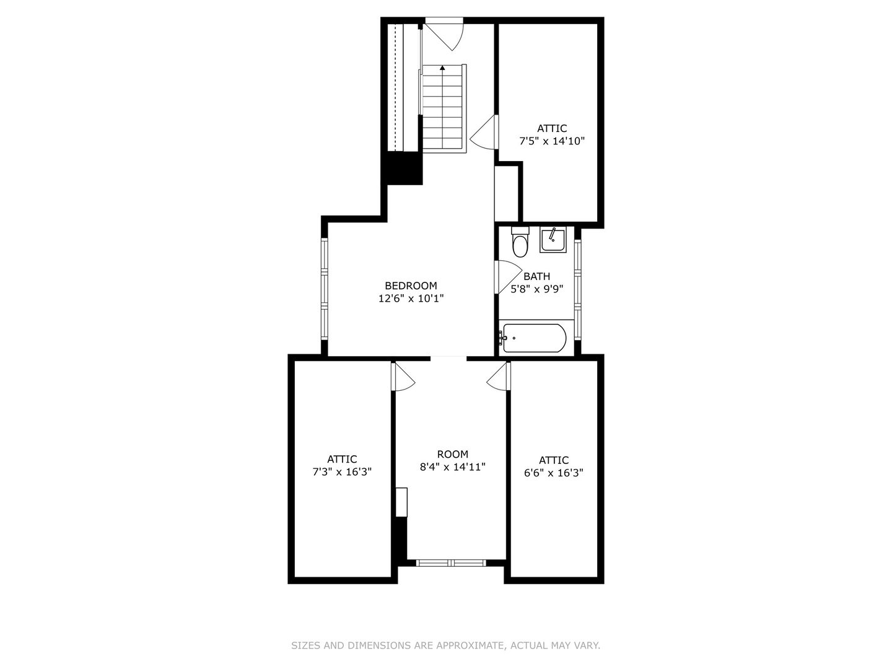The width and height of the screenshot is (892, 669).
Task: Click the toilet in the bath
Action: pos(520,242)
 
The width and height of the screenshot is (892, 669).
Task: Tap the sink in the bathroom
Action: pos(553,240)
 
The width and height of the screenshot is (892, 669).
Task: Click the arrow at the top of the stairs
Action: pos(442,68)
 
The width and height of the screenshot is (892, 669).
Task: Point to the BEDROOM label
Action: pos(411,286)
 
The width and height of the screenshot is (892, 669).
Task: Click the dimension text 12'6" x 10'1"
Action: pos(411,299)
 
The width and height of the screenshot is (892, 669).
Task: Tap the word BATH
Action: pos(536,276)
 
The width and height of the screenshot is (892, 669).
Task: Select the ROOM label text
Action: pos(452,454)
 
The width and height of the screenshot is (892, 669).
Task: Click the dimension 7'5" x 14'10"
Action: pos(552,141)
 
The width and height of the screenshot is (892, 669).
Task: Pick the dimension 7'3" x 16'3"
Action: pos(342,472)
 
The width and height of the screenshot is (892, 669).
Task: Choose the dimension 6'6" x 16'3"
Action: pos(554,473)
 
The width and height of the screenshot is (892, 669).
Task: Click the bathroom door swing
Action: pos(508,277)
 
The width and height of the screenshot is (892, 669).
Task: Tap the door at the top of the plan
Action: pos(444,34)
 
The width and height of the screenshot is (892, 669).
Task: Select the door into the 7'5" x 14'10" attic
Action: pos(484,132)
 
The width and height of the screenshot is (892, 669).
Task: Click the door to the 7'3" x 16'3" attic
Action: pos(403,376)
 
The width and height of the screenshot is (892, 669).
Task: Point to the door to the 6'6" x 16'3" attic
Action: pos(498,376)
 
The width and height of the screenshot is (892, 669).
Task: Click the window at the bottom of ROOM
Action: pos(451,563)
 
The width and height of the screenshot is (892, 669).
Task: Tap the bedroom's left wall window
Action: pos(325,289)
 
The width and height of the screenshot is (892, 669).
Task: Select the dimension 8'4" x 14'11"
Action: pos(452,467)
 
